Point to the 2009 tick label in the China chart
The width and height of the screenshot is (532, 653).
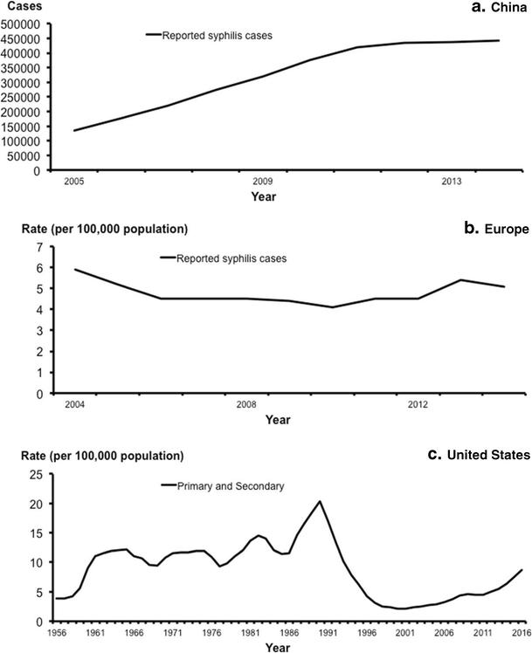click(x=263, y=181)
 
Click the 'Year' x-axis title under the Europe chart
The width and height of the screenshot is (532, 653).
click(x=278, y=421)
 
